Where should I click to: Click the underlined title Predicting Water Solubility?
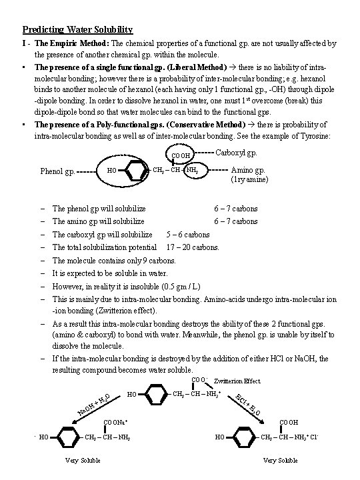77,29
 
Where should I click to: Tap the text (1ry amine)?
250,179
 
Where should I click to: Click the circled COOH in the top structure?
181,157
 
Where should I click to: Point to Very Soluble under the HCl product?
280,461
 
